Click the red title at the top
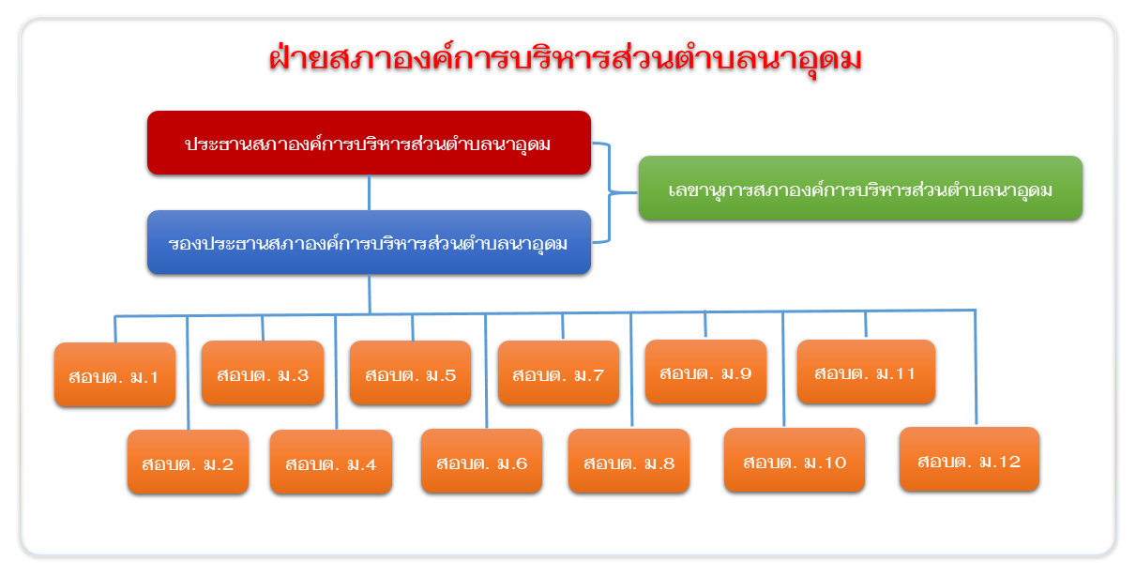[565, 60]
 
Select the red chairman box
[370, 143]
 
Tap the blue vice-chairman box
[370, 242]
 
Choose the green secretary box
[860, 188]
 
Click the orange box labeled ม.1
[115, 374]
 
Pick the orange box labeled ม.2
[189, 462]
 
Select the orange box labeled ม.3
[263, 372]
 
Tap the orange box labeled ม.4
[331, 462]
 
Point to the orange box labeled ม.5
[410, 372]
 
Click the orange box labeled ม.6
[482, 461]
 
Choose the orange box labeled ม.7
[558, 372]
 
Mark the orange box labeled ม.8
[629, 461]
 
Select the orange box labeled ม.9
[706, 372]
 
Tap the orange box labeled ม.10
[795, 460]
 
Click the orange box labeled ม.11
[866, 372]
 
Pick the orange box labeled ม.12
[970, 459]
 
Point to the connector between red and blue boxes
[369, 192]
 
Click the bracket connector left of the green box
[609, 192]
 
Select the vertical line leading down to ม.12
[976, 367]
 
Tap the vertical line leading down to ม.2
[188, 373]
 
